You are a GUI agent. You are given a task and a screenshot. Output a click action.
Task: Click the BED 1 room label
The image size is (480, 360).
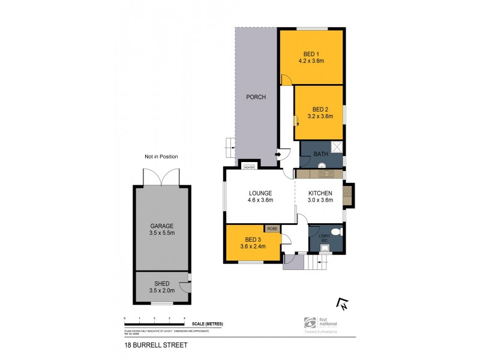pyautogui.click(x=311, y=52)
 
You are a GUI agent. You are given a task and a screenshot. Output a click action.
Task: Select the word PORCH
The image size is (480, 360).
pyautogui.click(x=256, y=97)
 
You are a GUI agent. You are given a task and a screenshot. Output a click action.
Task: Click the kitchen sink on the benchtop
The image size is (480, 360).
pyautogui.click(x=327, y=174)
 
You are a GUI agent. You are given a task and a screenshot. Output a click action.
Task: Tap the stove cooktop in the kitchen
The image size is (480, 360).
pyautogui.click(x=347, y=193)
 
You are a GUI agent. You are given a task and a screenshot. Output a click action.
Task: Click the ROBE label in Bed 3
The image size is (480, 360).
pyautogui.click(x=272, y=229)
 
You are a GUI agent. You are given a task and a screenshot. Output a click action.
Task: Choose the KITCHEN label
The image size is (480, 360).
pyautogui.click(x=320, y=193)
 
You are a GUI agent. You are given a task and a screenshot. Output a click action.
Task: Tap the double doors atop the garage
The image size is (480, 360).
pyautogui.click(x=160, y=177)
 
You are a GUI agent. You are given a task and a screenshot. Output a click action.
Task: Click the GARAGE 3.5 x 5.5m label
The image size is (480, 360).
pyautogui.click(x=161, y=230)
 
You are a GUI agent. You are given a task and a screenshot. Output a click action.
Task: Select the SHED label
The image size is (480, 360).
pyautogui.click(x=161, y=283)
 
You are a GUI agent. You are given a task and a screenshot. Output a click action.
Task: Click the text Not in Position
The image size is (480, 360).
pyautogui.click(x=161, y=157)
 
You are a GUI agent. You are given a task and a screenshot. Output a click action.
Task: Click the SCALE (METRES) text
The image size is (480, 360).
pyautogui.click(x=209, y=323)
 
